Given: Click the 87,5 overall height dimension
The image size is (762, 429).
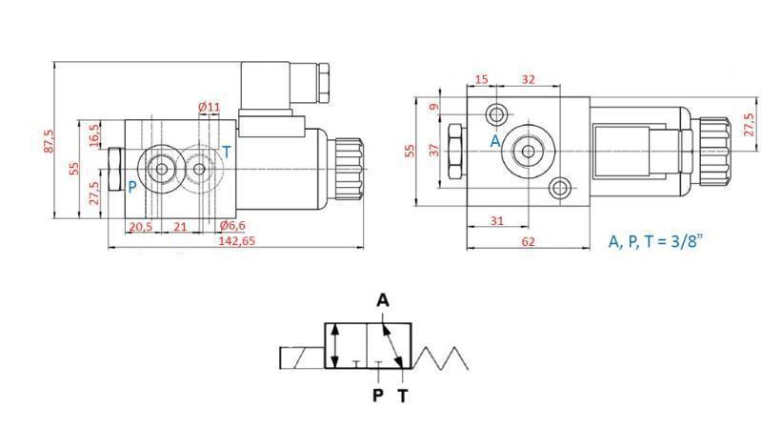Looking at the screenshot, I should [50, 140].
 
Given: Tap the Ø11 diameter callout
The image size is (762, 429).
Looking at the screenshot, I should [209, 107].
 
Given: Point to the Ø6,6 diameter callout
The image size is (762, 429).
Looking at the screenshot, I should [233, 225].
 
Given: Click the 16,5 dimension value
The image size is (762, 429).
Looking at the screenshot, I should [93, 133].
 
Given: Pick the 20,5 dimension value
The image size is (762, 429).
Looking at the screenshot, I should [140, 226].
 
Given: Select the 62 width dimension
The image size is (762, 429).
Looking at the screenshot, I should [529, 242].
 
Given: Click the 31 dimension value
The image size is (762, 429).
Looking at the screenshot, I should [496, 220].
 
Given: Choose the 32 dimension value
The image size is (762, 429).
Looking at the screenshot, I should [529, 79].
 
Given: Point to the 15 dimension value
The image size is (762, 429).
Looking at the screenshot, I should [481, 79].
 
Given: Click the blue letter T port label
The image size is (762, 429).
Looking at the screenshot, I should [226, 152].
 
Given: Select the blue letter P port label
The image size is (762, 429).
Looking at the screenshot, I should [132, 187].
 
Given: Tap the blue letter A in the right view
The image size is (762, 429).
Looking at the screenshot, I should [494, 140].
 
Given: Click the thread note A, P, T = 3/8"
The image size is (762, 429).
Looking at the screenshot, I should [658, 241].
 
